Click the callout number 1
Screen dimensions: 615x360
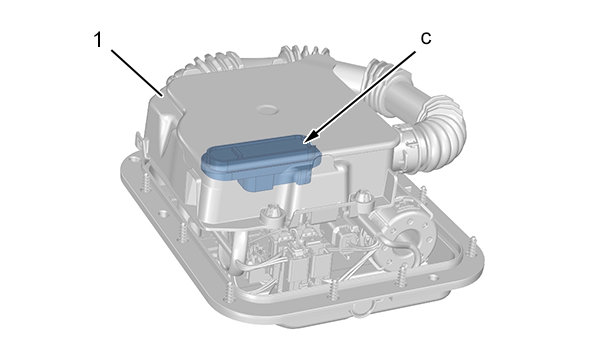[98, 40]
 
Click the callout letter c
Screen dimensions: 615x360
[426, 38]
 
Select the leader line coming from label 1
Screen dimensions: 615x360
[137, 73]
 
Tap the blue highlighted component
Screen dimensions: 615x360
[262, 162]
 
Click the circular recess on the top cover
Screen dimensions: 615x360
[266, 109]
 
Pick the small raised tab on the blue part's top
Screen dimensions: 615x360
[243, 149]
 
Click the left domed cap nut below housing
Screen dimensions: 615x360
[272, 215]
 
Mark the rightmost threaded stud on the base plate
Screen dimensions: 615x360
[472, 247]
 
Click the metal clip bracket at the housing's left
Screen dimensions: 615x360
[143, 146]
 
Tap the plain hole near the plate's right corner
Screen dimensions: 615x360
[433, 277]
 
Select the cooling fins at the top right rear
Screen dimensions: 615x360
[302, 54]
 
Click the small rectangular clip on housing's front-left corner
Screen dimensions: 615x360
[190, 183]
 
